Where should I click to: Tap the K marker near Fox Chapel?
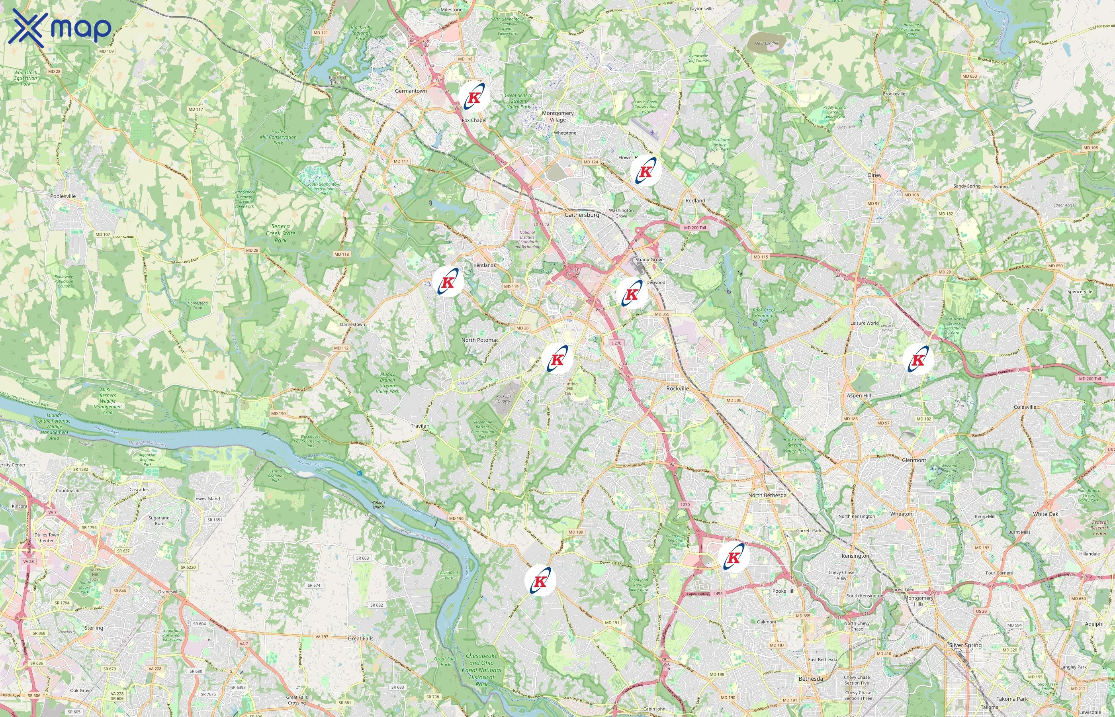[x=474, y=97]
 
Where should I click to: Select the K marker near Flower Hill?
[x=646, y=171]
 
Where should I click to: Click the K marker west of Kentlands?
[x=448, y=282]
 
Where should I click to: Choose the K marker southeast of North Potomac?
[x=557, y=359]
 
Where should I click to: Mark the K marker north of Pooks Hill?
[x=734, y=557]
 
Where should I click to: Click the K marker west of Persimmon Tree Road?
[x=540, y=581]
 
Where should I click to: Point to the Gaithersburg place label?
[x=582, y=215]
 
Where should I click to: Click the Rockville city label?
[x=677, y=388]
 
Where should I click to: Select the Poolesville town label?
[x=63, y=196]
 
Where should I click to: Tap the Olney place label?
[x=874, y=175]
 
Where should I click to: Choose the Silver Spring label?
[x=965, y=645]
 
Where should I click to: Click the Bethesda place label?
[x=811, y=679]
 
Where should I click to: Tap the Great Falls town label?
[x=361, y=638]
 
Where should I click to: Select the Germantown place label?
[x=411, y=91]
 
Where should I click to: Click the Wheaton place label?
[x=901, y=514]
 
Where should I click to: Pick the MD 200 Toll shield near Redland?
[x=695, y=228]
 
